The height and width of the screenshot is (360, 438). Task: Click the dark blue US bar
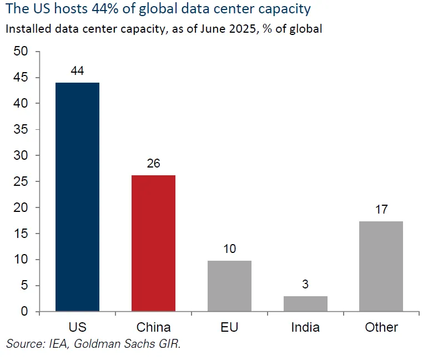click(78, 197)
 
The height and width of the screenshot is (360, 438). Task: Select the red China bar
click(153, 243)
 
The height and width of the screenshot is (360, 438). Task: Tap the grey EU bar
click(229, 286)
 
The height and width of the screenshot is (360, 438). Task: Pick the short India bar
click(305, 303)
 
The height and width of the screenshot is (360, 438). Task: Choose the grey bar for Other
click(381, 266)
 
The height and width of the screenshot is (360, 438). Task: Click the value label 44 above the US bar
click(78, 72)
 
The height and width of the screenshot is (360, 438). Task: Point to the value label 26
click(153, 164)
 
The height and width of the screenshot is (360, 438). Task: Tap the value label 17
click(381, 210)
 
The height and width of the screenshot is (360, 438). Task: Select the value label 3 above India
click(305, 285)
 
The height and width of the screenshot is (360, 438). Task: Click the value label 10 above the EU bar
click(229, 249)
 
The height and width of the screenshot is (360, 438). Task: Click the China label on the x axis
click(153, 327)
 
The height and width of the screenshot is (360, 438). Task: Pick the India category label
click(305, 327)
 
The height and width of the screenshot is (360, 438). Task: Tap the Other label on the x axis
click(381, 327)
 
